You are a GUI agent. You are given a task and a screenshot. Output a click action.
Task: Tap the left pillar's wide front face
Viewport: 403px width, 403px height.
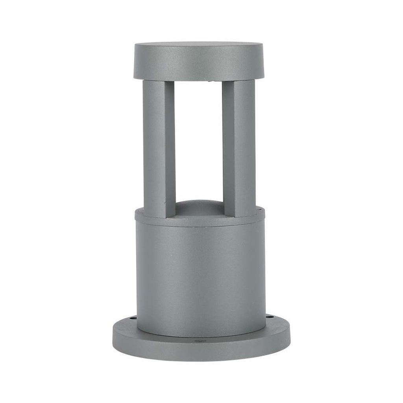point(153,146)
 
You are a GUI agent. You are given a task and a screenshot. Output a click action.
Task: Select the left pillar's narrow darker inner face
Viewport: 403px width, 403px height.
point(170,146)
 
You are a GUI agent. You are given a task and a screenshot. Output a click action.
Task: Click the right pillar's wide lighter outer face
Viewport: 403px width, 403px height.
point(244,146)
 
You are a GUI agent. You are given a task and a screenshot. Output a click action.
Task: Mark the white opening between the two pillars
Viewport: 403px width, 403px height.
point(199,138)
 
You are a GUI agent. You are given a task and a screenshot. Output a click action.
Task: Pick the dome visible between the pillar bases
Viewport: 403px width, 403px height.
point(199,209)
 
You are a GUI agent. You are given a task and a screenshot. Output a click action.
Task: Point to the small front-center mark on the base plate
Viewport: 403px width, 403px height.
point(201,339)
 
